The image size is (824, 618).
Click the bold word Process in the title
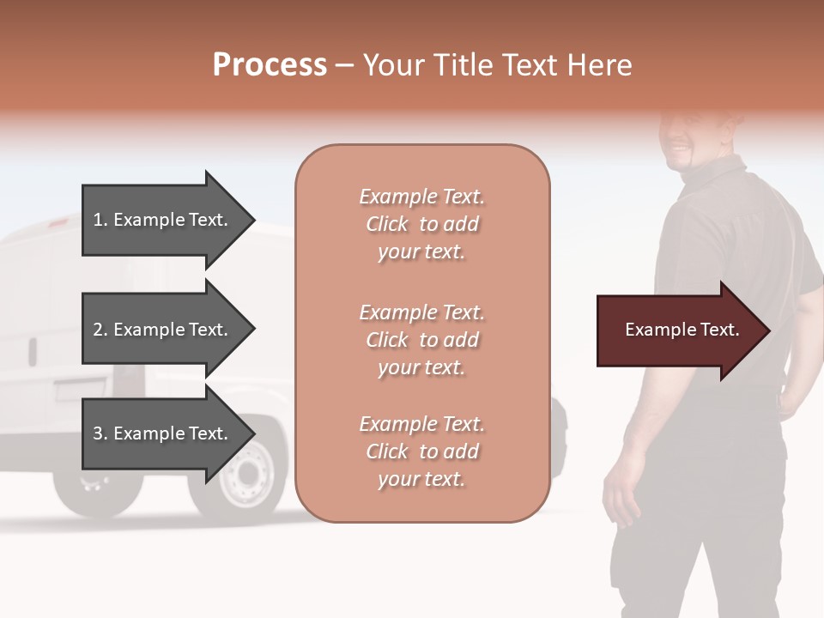[x=270, y=65]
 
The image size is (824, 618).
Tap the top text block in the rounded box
[x=421, y=224]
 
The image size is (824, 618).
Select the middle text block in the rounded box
[x=421, y=340]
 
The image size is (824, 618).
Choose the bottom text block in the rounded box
[x=421, y=451]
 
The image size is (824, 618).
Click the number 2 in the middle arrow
[x=98, y=330]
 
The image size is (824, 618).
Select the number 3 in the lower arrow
[x=98, y=433]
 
